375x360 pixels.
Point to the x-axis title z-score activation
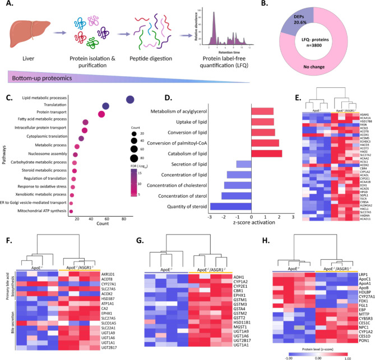[252, 227]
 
